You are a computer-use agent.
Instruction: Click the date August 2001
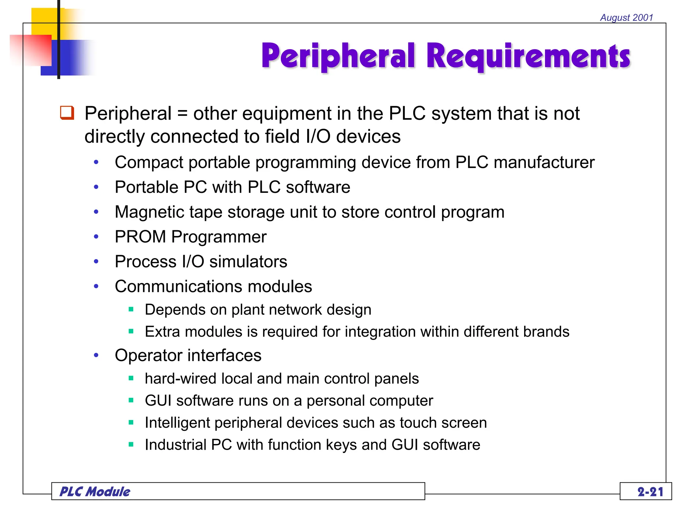coord(626,18)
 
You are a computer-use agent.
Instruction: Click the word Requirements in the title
coord(528,57)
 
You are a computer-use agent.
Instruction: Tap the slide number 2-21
coord(650,492)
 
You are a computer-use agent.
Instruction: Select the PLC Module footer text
coord(95,492)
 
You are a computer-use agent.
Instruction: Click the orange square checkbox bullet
coord(67,113)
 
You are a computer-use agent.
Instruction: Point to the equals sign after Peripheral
coord(182,113)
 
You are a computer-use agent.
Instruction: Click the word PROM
coord(140,237)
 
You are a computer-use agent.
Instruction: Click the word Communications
coord(178,286)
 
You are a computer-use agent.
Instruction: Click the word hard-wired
coord(181,379)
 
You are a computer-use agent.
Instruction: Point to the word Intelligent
coord(177,423)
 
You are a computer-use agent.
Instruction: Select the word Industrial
coord(176,445)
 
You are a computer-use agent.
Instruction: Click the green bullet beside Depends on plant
coord(131,309)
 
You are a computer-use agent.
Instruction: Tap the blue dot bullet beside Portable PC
coord(96,187)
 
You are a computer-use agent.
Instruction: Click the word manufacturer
coord(544,163)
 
